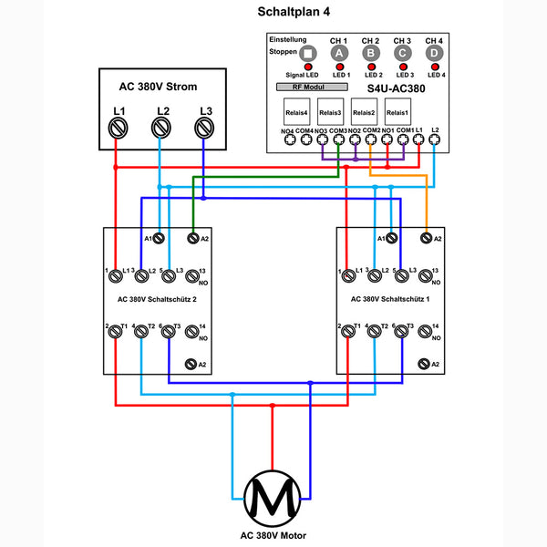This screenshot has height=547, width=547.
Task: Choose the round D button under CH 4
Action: tap(434, 54)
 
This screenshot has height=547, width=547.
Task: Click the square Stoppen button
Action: tap(308, 54)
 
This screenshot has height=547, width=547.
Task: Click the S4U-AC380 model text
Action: tap(397, 88)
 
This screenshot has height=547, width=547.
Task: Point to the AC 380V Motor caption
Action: tap(273, 536)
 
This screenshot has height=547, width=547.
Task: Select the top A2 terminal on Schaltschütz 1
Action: tap(426, 238)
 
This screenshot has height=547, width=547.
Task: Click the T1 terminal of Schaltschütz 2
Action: tap(116, 334)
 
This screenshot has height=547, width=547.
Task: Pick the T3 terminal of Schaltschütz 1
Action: tap(400, 334)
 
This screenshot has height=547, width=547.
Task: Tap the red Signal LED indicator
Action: tap(308, 68)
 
